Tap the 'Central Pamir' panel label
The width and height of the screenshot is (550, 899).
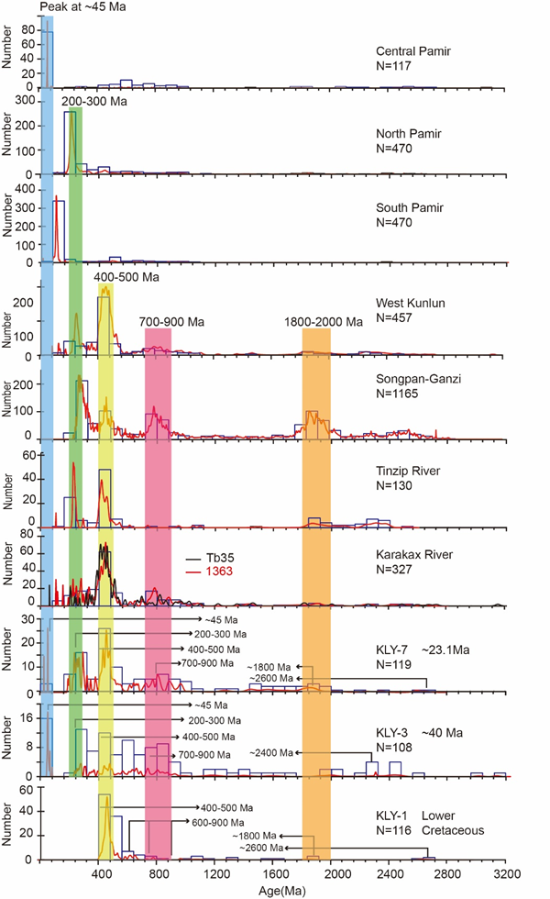pyautogui.click(x=412, y=51)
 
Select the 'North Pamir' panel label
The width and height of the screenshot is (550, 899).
pyautogui.click(x=409, y=134)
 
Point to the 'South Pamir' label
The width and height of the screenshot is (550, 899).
pyautogui.click(x=410, y=208)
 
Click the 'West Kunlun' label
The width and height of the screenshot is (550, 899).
pyautogui.click(x=408, y=301)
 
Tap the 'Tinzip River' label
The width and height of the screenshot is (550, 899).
pyautogui.click(x=409, y=472)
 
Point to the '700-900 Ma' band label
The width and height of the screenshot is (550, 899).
pyautogui.click(x=172, y=322)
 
